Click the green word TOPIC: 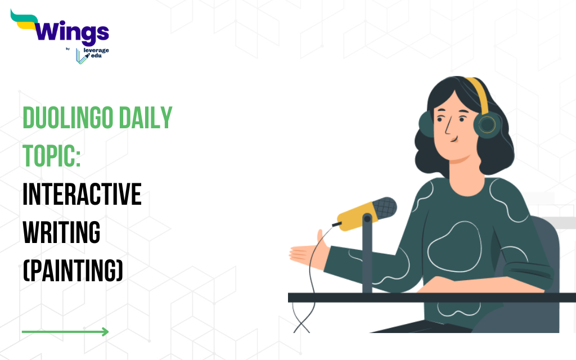[51, 156]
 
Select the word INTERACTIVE [82, 194]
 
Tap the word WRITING [61, 232]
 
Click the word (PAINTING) [73, 271]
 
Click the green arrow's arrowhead [105, 332]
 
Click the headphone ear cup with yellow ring [487, 125]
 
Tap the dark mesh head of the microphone [385, 208]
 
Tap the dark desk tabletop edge [431, 298]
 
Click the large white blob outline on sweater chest [455, 247]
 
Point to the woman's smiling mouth [454, 139]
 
